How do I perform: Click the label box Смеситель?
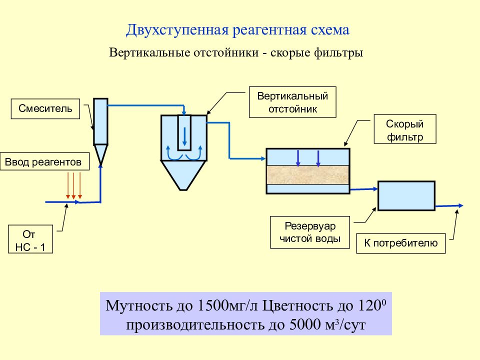tap(45, 108)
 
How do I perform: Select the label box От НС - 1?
tap(30, 239)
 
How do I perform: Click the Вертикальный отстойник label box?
tap(292, 102)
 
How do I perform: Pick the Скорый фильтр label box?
tap(405, 129)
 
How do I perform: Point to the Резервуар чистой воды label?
tap(310, 232)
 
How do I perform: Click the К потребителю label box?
tap(400, 243)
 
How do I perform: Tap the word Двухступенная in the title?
tap(177, 30)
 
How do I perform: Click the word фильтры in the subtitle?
tap(338, 52)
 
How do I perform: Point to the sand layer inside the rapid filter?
tap(308, 175)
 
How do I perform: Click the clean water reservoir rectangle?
tap(406, 196)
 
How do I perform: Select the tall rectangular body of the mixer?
tap(100, 121)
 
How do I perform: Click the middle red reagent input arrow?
tap(74, 185)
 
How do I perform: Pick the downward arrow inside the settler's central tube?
tap(184, 136)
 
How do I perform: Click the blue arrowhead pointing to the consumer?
tap(460, 205)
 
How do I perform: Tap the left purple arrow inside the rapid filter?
tap(298, 158)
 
